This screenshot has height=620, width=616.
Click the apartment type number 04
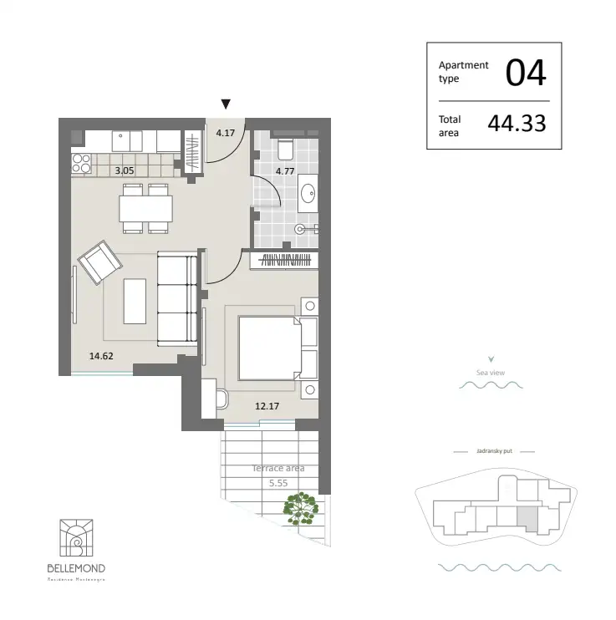coord(526,73)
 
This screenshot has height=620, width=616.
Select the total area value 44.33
coord(517,124)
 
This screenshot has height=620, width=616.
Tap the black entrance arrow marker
coord(225,104)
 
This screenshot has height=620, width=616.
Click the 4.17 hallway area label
coord(226,133)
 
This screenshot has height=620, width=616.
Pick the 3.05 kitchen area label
coord(124,170)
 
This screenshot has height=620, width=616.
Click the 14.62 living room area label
coord(100,354)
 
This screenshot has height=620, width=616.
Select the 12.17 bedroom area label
coord(267,406)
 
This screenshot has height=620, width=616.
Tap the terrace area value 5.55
coord(278,483)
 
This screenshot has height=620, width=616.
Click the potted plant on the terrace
coord(300,507)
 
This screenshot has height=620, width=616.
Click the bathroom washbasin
coord(308,193)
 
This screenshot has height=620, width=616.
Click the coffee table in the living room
coord(135,301)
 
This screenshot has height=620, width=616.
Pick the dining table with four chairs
coord(146,207)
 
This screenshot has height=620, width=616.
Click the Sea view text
coord(491,373)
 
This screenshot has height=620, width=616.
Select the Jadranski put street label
coord(493,450)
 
